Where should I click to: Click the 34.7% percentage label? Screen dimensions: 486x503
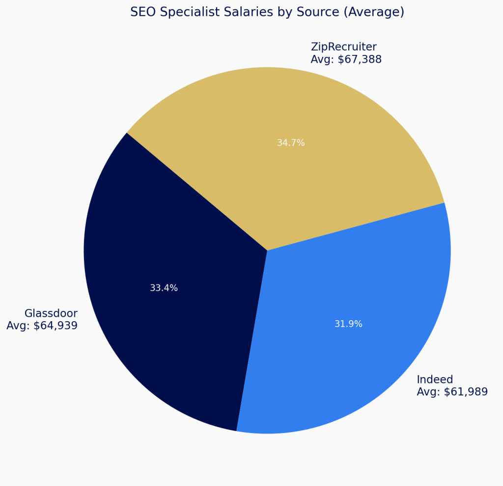pos(291,143)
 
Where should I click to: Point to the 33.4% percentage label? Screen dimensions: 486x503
pos(164,288)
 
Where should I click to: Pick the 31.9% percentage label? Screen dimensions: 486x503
pos(348,324)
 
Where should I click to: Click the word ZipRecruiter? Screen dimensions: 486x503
pos(343,47)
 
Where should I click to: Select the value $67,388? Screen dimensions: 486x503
pos(360,60)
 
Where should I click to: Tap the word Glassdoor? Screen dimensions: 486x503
pos(51,313)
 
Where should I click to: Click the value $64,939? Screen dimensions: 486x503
pos(56,326)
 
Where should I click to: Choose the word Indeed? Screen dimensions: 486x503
pos(435,380)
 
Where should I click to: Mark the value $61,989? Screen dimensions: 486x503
pos(466,392)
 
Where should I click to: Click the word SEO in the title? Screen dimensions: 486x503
pos(141,12)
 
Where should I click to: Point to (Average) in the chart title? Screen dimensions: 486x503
pos(374,12)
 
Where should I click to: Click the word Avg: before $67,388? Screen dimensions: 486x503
pos(322,60)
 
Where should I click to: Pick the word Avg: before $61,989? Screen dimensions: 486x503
pos(428,392)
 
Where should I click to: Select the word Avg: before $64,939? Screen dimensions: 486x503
pos(18,326)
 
